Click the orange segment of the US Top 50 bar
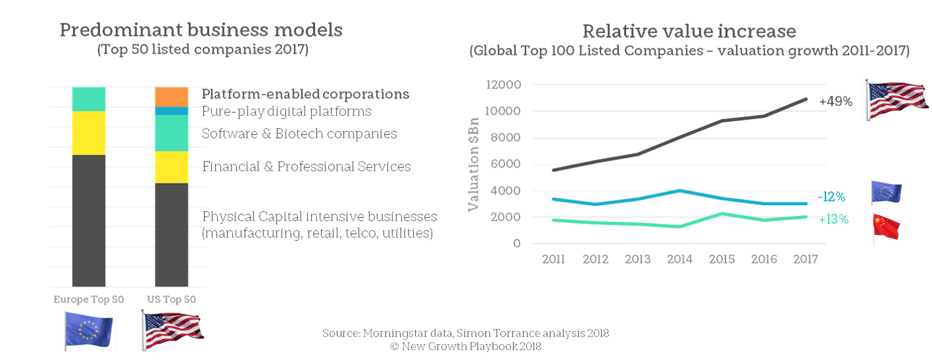(171, 97)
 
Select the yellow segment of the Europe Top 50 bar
(89, 132)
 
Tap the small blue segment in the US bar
(171, 111)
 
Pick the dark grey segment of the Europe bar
(89, 220)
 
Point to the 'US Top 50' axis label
(171, 299)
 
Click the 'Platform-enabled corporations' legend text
(305, 94)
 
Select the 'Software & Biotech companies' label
(299, 133)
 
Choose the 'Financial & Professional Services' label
(306, 166)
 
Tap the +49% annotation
(835, 102)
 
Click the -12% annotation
(831, 197)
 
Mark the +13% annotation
(833, 219)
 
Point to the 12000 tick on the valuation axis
(504, 85)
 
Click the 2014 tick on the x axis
(679, 259)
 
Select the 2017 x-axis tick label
(806, 259)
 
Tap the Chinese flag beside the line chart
(886, 226)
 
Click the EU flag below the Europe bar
(89, 329)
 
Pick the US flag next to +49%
(896, 99)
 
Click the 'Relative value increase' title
(688, 31)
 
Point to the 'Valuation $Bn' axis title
(473, 171)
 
